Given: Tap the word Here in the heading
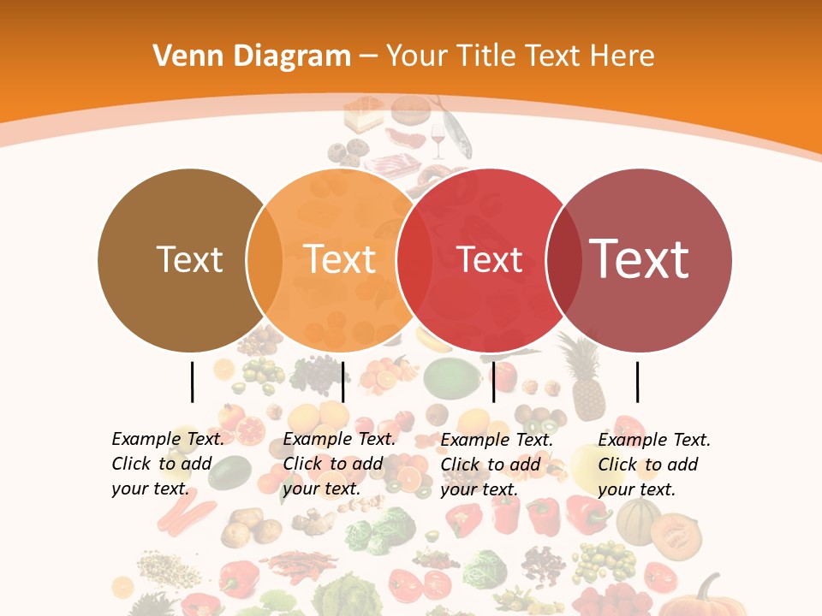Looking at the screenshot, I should pyautogui.click(x=622, y=56).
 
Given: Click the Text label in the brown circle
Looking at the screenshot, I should pyautogui.click(x=189, y=259).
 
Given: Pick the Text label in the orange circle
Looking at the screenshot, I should pyautogui.click(x=340, y=259).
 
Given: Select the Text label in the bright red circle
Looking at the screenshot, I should pyautogui.click(x=490, y=259).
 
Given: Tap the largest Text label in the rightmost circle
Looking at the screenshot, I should pyautogui.click(x=640, y=258).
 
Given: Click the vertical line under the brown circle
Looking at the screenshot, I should pyautogui.click(x=192, y=382).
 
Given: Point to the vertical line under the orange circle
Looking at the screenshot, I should pyautogui.click(x=342, y=382).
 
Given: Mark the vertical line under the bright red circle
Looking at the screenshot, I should pyautogui.click(x=493, y=382).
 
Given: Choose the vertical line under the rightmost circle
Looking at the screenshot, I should pyautogui.click(x=637, y=382).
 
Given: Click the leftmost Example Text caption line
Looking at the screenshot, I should pyautogui.click(x=168, y=439).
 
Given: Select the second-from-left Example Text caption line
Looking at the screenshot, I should pyautogui.click(x=339, y=439).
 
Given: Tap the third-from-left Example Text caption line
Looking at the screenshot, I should pyautogui.click(x=497, y=440).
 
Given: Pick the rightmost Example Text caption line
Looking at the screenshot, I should pyautogui.click(x=654, y=440).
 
